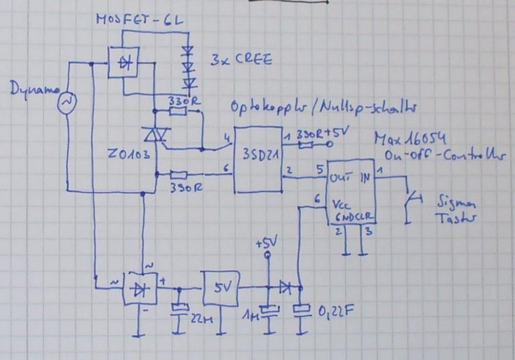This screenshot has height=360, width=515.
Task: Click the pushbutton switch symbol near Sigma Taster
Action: [x=410, y=203]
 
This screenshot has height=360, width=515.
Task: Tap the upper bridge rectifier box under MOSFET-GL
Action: [x=123, y=62]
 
